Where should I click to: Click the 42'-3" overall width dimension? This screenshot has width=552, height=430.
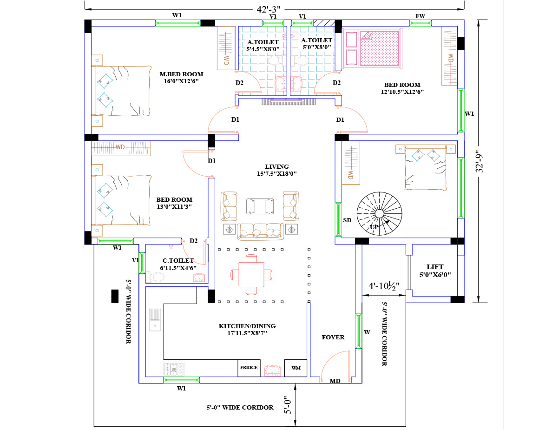(x=269, y=9)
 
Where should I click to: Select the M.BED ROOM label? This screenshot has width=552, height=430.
(x=181, y=74)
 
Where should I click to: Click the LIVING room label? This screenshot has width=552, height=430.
(x=277, y=166)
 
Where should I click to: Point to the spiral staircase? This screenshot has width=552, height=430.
(x=379, y=213)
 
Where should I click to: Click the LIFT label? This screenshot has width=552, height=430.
(x=435, y=267)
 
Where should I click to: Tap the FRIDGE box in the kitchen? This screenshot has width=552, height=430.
(x=249, y=368)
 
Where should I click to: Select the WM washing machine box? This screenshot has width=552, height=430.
(x=296, y=368)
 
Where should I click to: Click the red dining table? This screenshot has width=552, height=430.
(x=251, y=274)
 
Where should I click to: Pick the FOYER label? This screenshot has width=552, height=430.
(x=333, y=337)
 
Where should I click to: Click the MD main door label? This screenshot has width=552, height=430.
(x=335, y=381)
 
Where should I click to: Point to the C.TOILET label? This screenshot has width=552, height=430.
(x=178, y=261)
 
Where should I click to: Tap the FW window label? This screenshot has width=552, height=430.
(x=421, y=16)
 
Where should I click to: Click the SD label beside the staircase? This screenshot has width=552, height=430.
(x=347, y=220)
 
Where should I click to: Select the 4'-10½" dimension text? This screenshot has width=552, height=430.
(x=384, y=286)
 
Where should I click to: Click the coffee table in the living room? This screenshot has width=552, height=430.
(x=260, y=206)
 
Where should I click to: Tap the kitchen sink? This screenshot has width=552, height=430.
(x=155, y=319)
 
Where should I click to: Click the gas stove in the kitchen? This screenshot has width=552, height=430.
(x=174, y=369)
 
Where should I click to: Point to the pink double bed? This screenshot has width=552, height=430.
(x=372, y=49)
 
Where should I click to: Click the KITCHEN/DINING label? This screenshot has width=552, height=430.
(x=247, y=326)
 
